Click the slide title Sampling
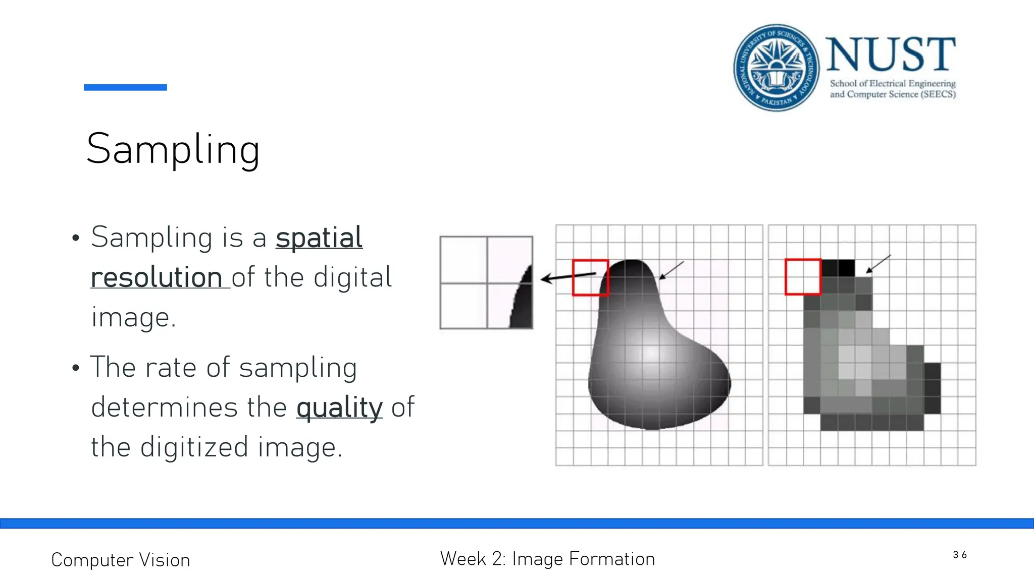(x=173, y=149)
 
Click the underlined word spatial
(x=319, y=238)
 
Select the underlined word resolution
(x=157, y=277)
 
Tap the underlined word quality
(x=339, y=408)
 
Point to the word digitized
(x=194, y=447)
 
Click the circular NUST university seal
(x=776, y=67)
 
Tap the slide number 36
(x=960, y=555)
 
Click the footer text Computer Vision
(x=121, y=560)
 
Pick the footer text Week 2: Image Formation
(x=547, y=559)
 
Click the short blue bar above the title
(x=125, y=87)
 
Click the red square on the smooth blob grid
(x=590, y=277)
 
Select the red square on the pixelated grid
(x=803, y=276)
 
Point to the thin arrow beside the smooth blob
(x=671, y=270)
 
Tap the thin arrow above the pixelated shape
(x=878, y=264)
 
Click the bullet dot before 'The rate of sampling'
(x=76, y=368)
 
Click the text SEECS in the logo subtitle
(x=938, y=94)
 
